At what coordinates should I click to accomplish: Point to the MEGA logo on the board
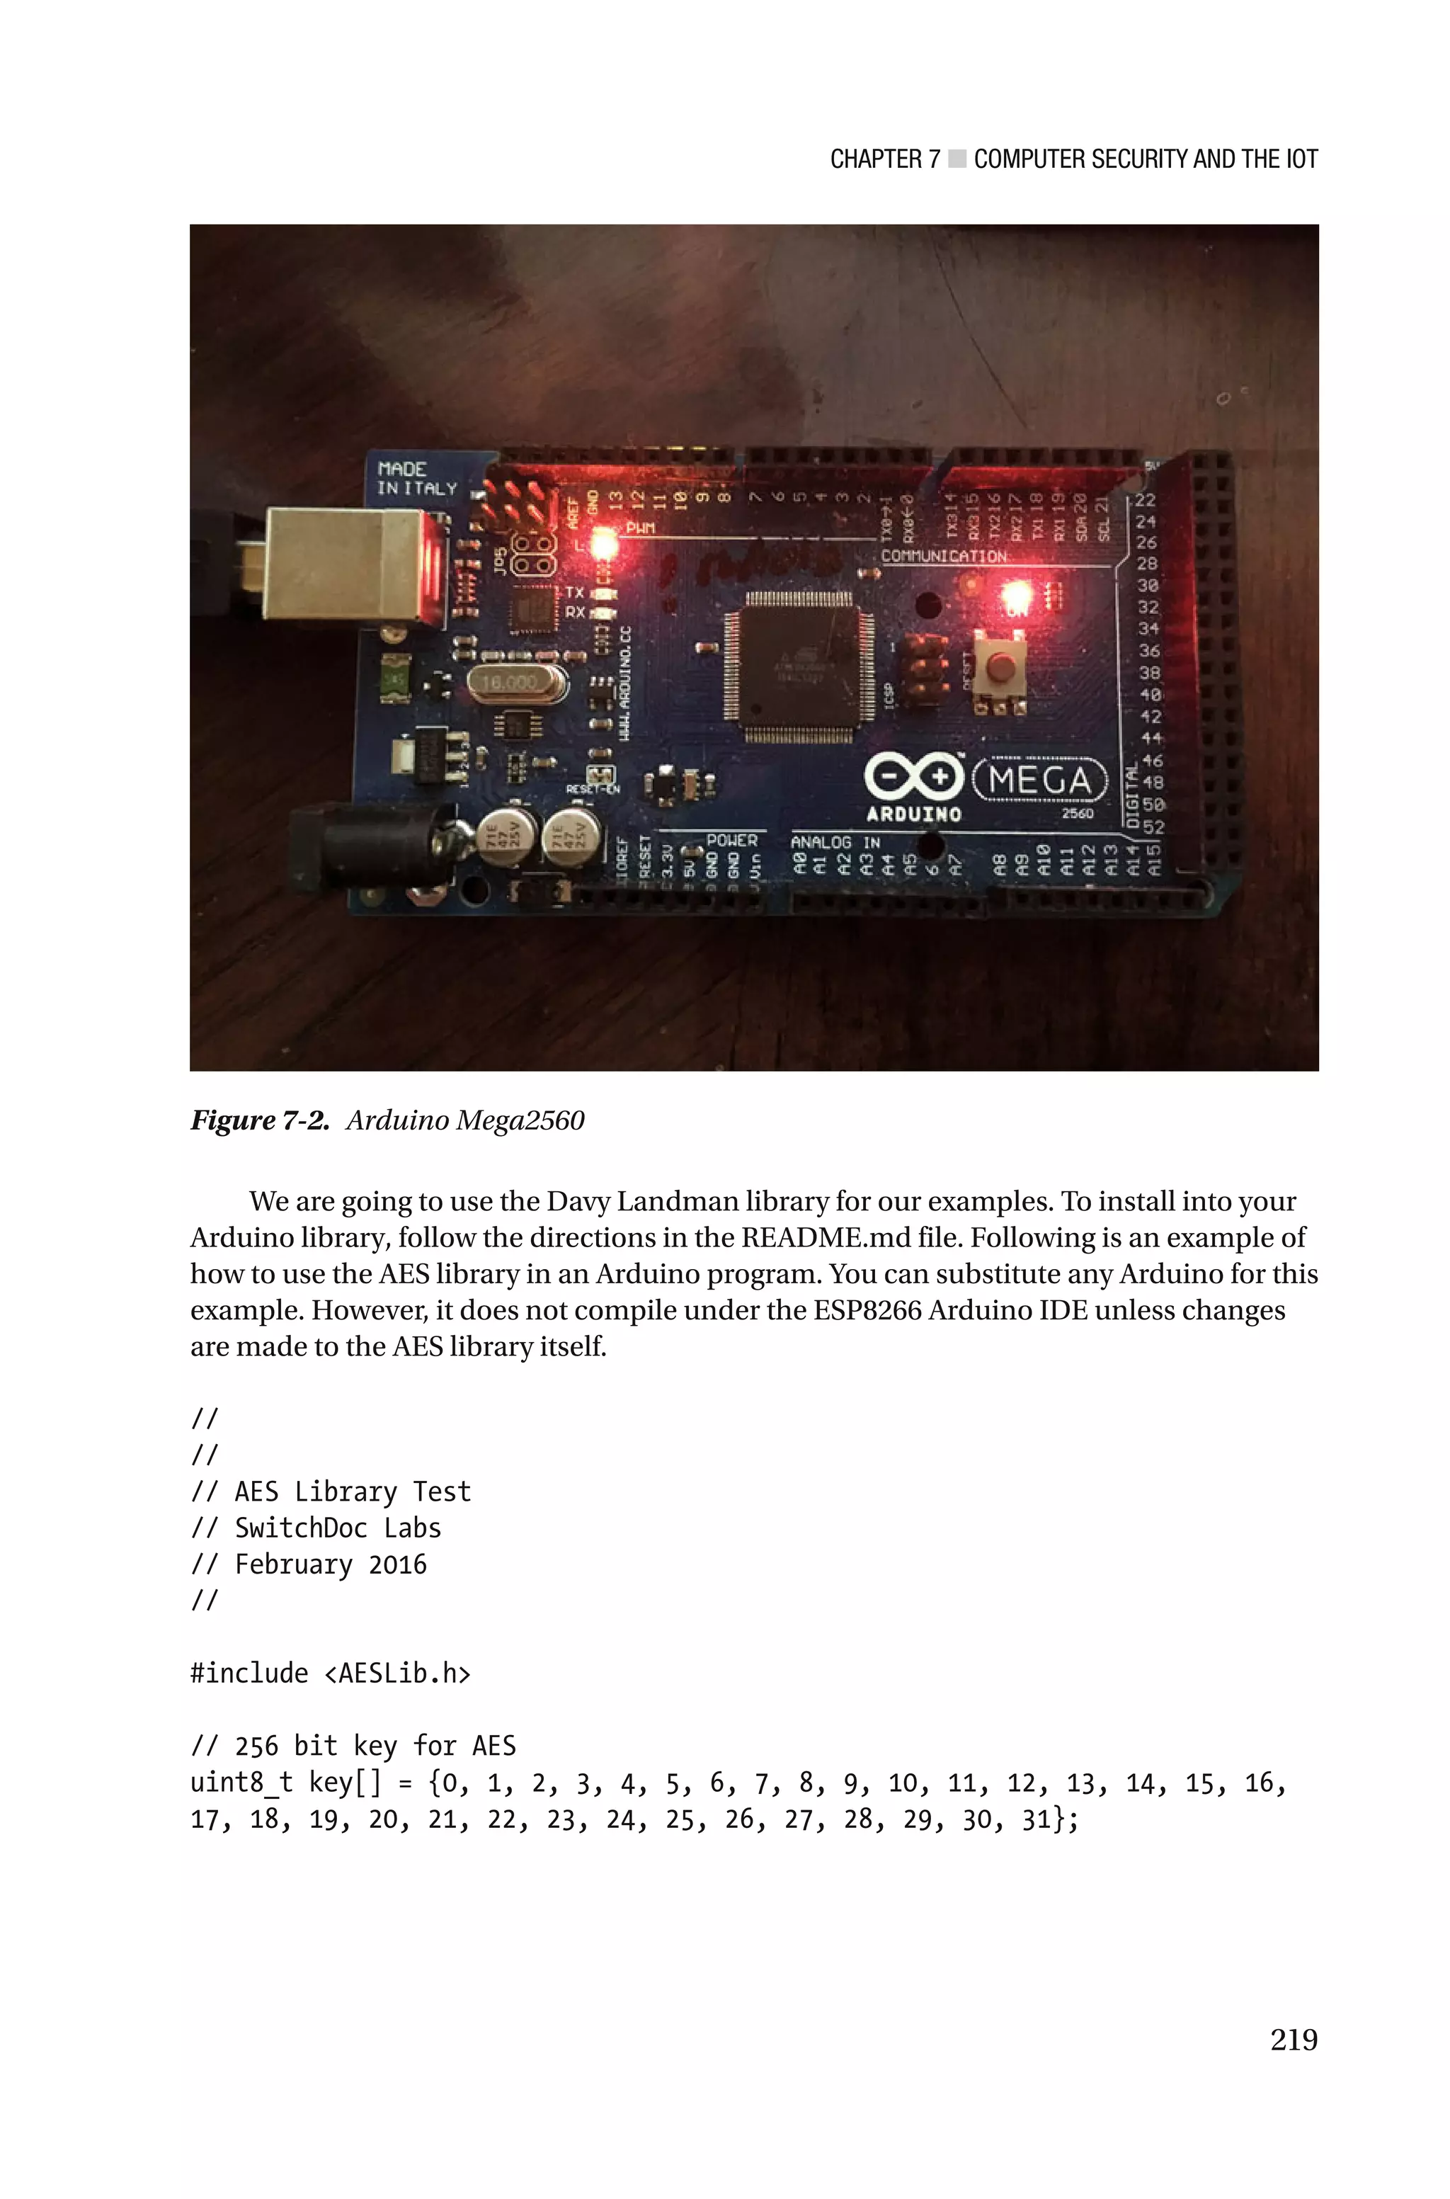pyautogui.click(x=1040, y=780)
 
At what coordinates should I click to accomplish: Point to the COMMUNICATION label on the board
pyautogui.click(x=943, y=556)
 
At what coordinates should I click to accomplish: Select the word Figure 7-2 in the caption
pyautogui.click(x=259, y=1121)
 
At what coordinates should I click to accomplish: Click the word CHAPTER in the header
pyautogui.click(x=875, y=159)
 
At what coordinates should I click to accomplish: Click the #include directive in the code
pyautogui.click(x=249, y=1673)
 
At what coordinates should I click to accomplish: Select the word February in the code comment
pyautogui.click(x=293, y=1564)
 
